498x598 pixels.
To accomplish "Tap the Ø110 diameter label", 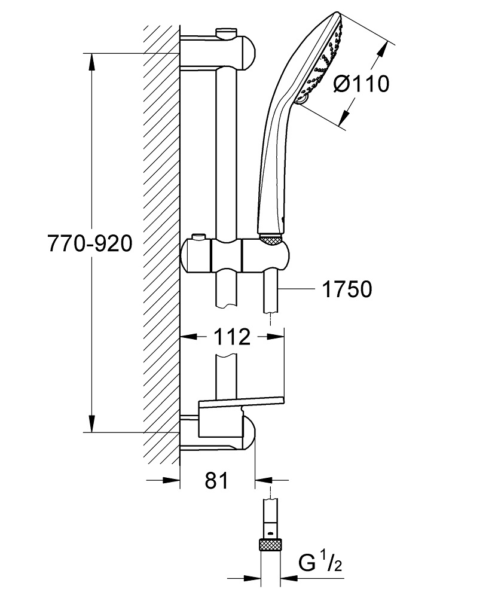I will [360, 84].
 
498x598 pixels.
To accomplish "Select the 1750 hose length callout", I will [347, 289].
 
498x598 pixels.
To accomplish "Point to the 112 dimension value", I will [232, 337].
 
